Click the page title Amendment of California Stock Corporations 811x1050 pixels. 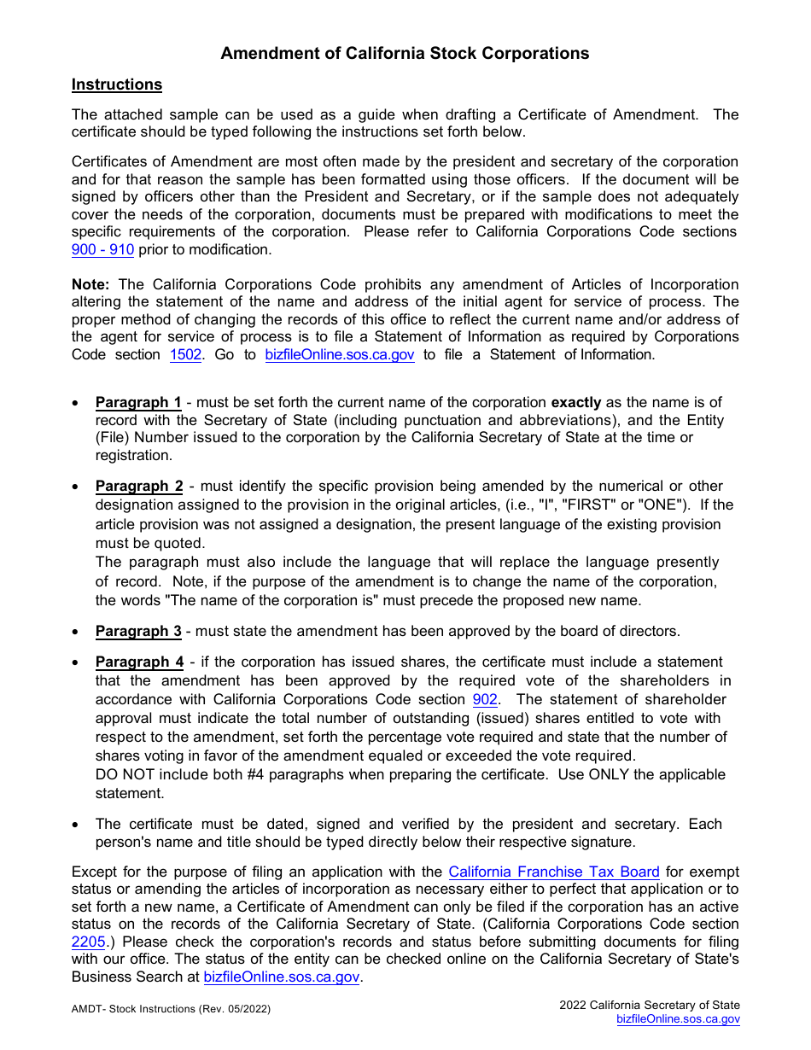click(405, 53)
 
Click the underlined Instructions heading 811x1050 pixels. click(116, 85)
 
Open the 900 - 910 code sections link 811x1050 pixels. click(102, 249)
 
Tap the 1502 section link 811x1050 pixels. click(185, 354)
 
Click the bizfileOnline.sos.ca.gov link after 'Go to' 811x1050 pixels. click(340, 354)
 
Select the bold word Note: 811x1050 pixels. click(90, 284)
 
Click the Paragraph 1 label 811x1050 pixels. click(138, 402)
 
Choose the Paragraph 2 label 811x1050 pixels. click(139, 486)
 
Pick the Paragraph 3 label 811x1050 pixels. click(138, 631)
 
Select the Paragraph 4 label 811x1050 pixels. click(139, 662)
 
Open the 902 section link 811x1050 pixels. click(485, 699)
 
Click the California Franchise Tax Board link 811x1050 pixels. click(554, 872)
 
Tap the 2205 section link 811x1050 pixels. click(88, 942)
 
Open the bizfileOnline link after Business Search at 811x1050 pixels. click(282, 977)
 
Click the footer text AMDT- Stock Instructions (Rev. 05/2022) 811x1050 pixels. click(171, 1009)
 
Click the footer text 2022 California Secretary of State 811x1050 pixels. click(650, 1005)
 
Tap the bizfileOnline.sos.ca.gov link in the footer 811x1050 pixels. click(678, 1019)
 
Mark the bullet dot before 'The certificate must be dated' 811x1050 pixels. click(77, 825)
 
